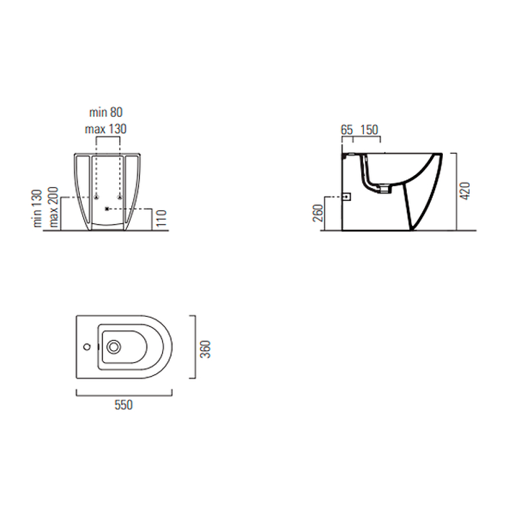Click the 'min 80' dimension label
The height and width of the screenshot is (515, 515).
pyautogui.click(x=106, y=112)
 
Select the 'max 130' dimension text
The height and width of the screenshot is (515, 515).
pyautogui.click(x=106, y=129)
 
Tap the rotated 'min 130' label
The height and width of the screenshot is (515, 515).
pyautogui.click(x=37, y=208)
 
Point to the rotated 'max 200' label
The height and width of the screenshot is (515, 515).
pyautogui.click(x=53, y=207)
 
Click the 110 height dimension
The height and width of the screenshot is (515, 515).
pyautogui.click(x=162, y=218)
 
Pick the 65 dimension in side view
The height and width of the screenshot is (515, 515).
pyautogui.click(x=347, y=130)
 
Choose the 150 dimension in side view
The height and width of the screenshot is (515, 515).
pyautogui.click(x=370, y=130)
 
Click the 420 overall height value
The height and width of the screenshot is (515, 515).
pyautogui.click(x=465, y=191)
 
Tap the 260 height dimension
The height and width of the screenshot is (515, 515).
pyautogui.click(x=318, y=213)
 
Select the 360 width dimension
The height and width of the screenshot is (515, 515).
pyautogui.click(x=205, y=349)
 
